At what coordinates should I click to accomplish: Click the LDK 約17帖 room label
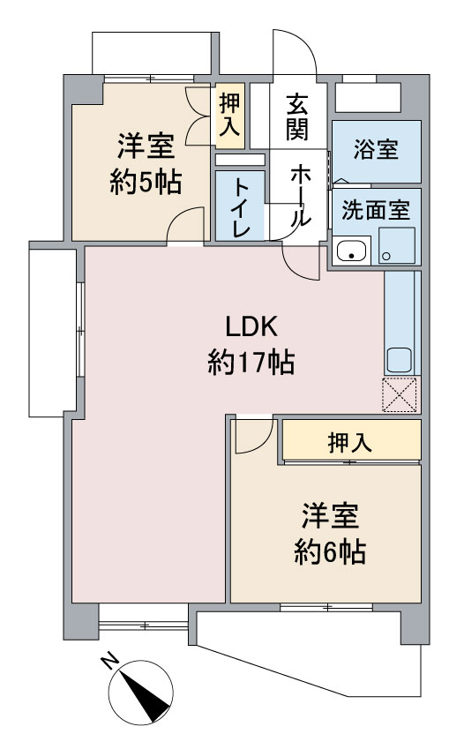(251, 344)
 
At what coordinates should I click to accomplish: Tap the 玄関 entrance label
(297, 117)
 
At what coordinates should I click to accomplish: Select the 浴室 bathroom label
(376, 149)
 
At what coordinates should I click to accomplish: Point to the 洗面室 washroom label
(376, 210)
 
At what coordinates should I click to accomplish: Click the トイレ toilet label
(240, 207)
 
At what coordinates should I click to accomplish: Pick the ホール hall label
(301, 195)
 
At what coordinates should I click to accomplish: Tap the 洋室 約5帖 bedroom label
(146, 164)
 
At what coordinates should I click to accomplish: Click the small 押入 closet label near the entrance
(229, 115)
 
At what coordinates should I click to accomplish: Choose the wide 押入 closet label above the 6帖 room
(350, 443)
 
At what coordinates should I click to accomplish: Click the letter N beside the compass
(110, 662)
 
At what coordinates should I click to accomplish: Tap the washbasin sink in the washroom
(352, 251)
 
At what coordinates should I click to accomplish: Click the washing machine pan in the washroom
(397, 245)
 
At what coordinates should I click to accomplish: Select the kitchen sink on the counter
(399, 361)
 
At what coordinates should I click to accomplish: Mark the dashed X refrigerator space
(400, 394)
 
